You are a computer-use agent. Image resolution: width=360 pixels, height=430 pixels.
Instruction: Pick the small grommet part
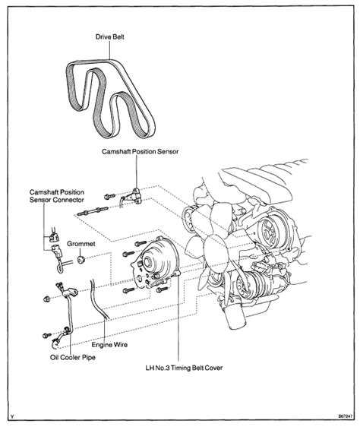(78, 262)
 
